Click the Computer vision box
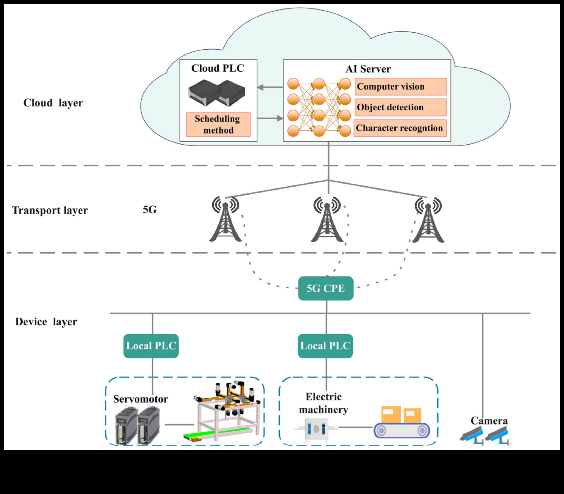[400, 87]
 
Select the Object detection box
[400, 107]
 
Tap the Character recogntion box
[400, 128]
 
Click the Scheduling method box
[218, 125]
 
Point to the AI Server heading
[368, 69]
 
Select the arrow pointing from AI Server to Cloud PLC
[270, 88]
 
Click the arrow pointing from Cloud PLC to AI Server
[270, 118]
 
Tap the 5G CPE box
[326, 288]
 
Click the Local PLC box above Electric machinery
[325, 346]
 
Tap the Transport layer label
[50, 210]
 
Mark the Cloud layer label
[53, 103]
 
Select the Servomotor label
[141, 399]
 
